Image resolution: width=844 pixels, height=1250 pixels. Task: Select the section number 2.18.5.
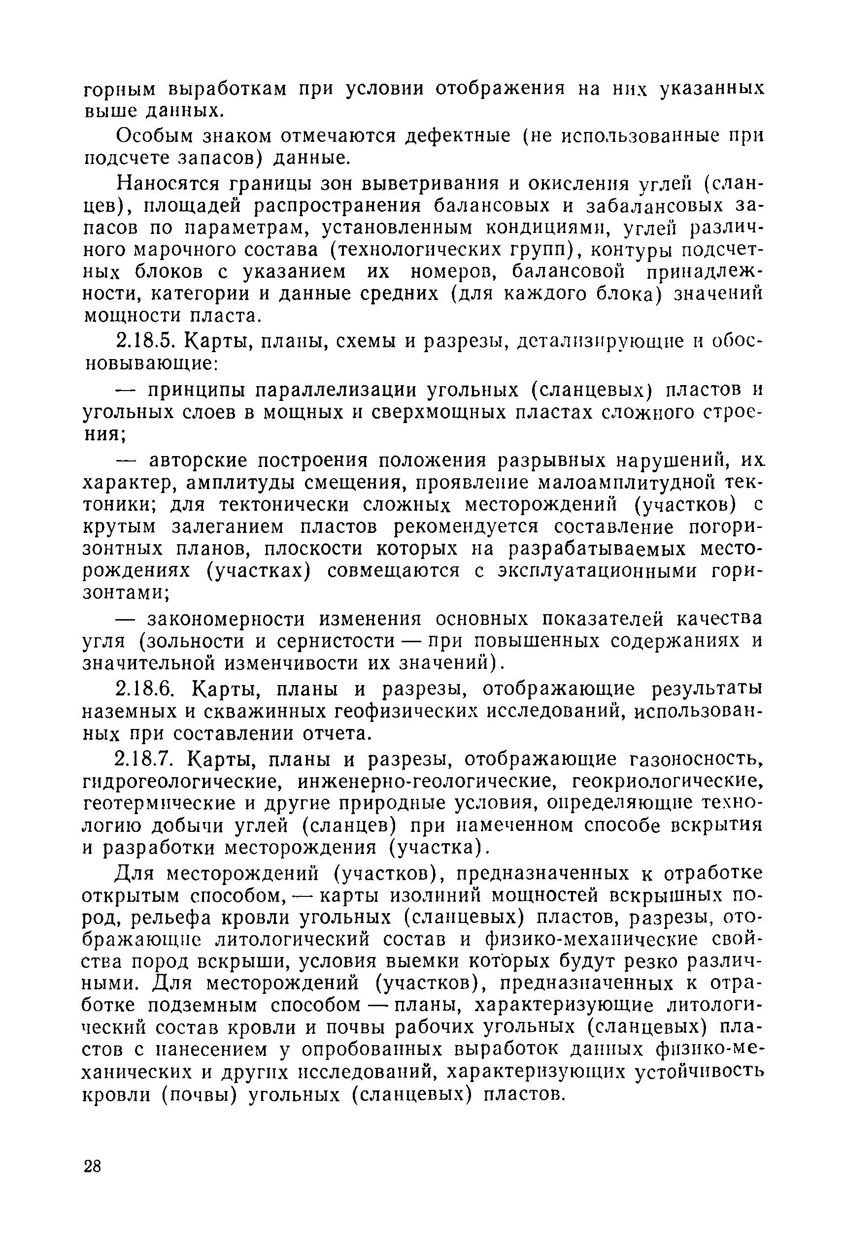coord(147,340)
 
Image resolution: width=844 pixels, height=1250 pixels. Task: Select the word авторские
coord(198,461)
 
